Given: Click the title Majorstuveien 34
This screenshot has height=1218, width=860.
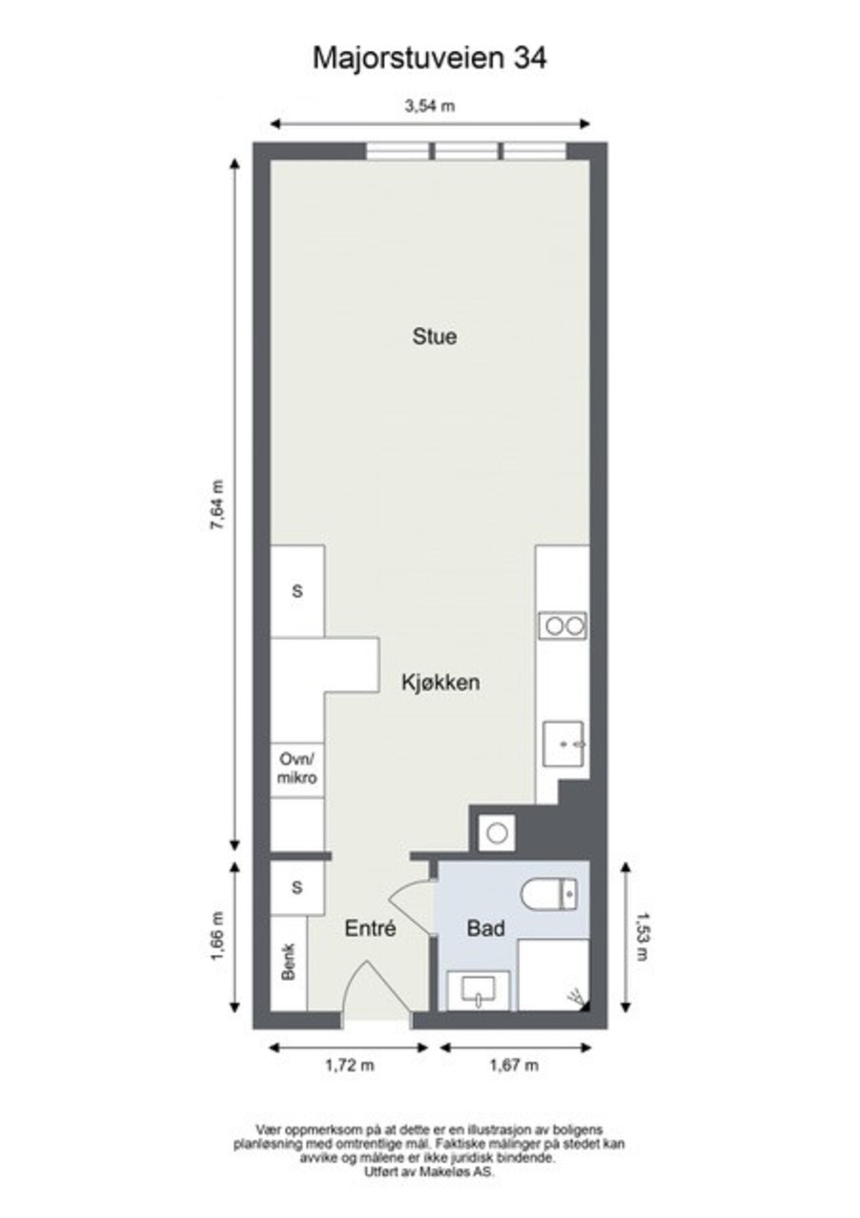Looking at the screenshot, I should (x=429, y=58).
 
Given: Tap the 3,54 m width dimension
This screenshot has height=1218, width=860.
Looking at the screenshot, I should (x=429, y=106).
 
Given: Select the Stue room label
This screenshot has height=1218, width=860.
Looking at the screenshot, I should (x=434, y=336).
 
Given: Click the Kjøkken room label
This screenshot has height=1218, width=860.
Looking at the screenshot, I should (x=440, y=682).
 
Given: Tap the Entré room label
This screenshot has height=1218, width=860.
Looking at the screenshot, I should (x=369, y=928).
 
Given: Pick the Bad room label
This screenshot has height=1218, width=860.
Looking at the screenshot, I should (x=485, y=928).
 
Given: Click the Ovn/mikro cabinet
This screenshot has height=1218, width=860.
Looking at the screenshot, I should (x=297, y=769).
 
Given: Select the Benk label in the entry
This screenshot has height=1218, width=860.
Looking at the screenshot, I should (x=288, y=962).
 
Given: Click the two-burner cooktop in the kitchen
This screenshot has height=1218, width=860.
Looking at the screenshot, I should (x=562, y=626).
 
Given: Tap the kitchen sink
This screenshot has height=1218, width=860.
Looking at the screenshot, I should (x=563, y=743).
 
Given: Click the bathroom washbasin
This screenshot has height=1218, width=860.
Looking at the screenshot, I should (x=478, y=990).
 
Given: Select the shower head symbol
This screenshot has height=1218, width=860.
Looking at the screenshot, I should (x=576, y=996).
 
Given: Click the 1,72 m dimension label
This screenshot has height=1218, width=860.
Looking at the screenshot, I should (x=349, y=1065).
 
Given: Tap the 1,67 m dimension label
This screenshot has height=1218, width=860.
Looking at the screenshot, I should (x=514, y=1065).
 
